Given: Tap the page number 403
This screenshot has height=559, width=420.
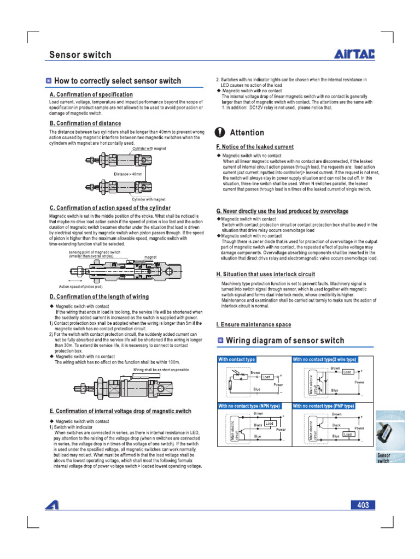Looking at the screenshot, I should point(363,506).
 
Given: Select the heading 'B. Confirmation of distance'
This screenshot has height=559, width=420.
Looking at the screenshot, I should point(85,123).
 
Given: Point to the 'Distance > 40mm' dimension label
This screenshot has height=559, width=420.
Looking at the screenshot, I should point(128,174).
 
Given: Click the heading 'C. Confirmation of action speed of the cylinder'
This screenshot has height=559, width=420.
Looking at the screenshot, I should point(110,208).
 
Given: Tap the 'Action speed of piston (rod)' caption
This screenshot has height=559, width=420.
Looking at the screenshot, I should point(80,286).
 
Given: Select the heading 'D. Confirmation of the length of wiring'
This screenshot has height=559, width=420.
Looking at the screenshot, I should point(99,297).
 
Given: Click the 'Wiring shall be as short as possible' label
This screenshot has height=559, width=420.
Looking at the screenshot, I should point(161,370).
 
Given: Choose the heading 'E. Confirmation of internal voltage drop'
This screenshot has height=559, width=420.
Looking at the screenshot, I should point(120,411).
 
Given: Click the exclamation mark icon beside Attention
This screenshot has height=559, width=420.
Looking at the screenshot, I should point(220,133).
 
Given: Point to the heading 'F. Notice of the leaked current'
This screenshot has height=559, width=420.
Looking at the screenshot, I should point(255,147).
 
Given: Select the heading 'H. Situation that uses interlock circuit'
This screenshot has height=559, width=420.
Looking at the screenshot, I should point(265,275).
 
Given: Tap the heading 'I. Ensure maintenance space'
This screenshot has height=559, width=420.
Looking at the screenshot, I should point(254,325).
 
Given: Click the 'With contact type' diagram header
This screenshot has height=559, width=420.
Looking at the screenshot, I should point(237,360).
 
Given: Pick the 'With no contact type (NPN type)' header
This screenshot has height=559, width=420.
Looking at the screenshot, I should point(249,406).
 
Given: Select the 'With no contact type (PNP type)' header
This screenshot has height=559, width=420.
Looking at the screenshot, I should point(324,406).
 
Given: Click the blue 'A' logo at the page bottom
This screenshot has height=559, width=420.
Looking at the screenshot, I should point(53,506).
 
